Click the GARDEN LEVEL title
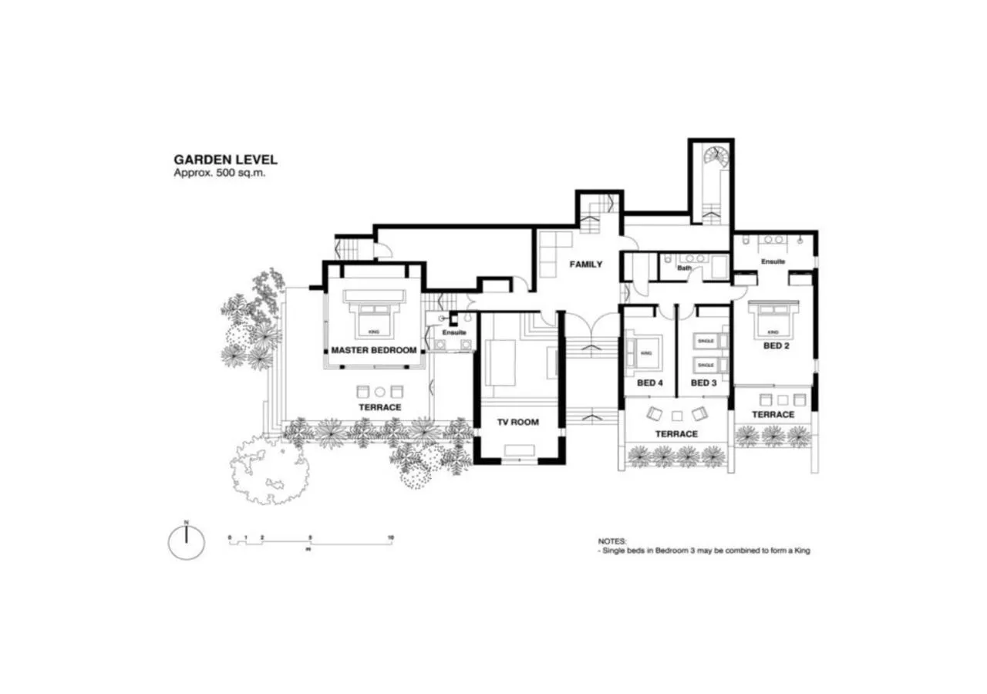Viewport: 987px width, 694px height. coord(225,160)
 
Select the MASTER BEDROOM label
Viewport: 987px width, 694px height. coord(373,350)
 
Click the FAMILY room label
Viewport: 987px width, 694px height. coord(585,264)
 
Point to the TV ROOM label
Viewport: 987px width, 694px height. coord(517,422)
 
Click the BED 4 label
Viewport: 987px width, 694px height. coord(649,383)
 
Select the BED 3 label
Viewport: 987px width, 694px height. coord(703,383)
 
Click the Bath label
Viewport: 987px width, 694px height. coord(684,268)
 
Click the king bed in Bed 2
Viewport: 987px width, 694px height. coord(773,318)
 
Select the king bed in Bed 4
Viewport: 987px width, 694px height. coord(645,351)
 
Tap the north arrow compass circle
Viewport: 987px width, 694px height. coord(187,541)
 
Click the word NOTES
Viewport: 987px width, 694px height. coord(612,542)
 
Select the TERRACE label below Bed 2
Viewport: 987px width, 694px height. coord(773,415)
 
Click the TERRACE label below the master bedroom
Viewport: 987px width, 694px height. coord(379,407)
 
